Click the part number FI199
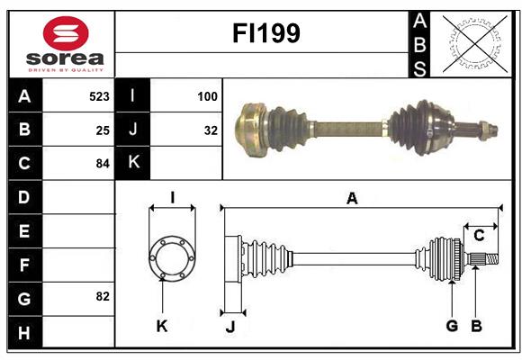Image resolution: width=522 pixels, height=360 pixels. pyautogui.click(x=265, y=33)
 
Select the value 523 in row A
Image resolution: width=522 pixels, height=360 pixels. pyautogui.click(x=98, y=95)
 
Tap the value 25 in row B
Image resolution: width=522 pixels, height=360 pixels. pyautogui.click(x=102, y=130)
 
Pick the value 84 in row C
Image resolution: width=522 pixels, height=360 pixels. pyautogui.click(x=102, y=164)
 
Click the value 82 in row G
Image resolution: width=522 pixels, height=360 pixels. pyautogui.click(x=102, y=296)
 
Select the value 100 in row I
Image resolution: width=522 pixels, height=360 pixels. pyautogui.click(x=207, y=95)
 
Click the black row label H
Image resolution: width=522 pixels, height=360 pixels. pyautogui.click(x=23, y=332)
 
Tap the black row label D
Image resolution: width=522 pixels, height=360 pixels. pyautogui.click(x=23, y=197)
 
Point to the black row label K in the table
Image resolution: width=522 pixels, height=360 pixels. pyautogui.click(x=132, y=163)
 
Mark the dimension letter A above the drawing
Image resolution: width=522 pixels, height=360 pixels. pyautogui.click(x=352, y=199)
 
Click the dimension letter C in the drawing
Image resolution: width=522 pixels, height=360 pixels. pyautogui.click(x=480, y=236)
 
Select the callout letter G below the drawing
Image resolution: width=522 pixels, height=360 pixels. pyautogui.click(x=452, y=326)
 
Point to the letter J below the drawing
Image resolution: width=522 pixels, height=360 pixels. pyautogui.click(x=229, y=327)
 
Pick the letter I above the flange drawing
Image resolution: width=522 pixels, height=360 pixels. pyautogui.click(x=171, y=197)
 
